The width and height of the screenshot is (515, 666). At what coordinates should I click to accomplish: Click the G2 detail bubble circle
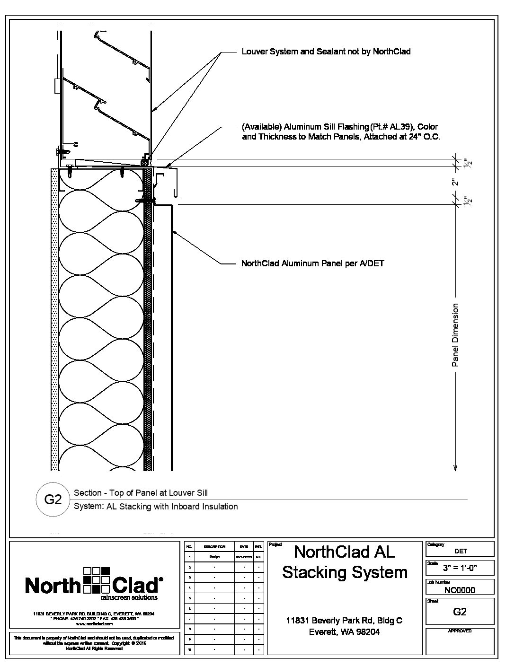53,499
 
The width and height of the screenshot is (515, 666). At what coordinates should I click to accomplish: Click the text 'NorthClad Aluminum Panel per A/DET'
312,263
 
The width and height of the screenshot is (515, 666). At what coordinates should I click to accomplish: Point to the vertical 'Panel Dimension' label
455,335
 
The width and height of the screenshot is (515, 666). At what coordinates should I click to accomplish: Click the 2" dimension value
455,182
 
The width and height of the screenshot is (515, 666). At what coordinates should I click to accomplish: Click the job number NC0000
460,589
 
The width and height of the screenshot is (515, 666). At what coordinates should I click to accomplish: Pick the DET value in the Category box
460,551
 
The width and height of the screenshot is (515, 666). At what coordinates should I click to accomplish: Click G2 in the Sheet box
460,612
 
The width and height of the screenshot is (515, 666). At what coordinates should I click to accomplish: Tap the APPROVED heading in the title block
460,631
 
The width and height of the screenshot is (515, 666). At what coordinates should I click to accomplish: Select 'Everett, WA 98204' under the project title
344,631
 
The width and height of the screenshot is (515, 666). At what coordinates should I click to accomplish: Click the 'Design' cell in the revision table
214,557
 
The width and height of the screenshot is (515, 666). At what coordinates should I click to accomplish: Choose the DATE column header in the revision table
244,546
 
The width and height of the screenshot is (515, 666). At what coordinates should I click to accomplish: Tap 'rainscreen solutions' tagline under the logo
135,597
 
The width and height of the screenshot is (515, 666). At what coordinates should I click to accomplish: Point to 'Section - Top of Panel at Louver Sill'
141,493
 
